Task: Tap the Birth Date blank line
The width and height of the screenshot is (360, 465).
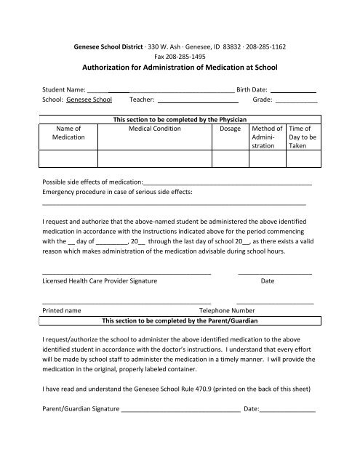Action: click(x=293, y=92)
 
